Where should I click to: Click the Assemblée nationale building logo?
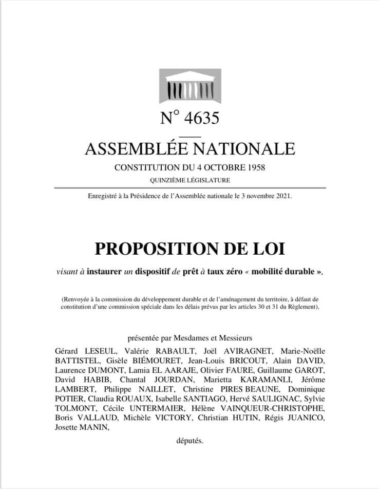[189, 87]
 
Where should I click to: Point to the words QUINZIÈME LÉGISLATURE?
[189, 180]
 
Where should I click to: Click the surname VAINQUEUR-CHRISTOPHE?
[279, 409]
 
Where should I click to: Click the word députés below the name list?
[189, 440]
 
